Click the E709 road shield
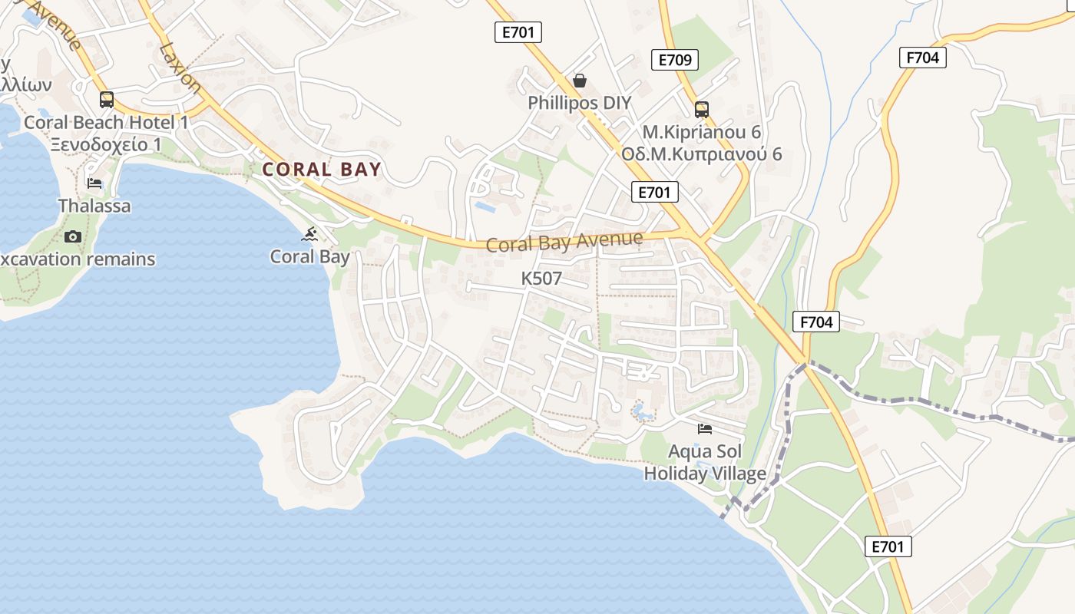pyautogui.click(x=675, y=60)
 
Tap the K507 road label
pyautogui.click(x=541, y=279)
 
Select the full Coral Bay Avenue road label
pyautogui.click(x=564, y=242)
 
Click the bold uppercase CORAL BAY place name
pyautogui.click(x=322, y=170)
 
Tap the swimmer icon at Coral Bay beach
pyautogui.click(x=310, y=233)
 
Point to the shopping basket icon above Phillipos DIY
pyautogui.click(x=580, y=81)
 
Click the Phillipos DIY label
pyautogui.click(x=580, y=103)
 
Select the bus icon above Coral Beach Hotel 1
pyautogui.click(x=107, y=100)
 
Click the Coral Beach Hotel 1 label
pyautogui.click(x=107, y=122)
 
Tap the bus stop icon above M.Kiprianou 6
pyautogui.click(x=701, y=110)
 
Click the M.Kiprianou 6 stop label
pyautogui.click(x=701, y=132)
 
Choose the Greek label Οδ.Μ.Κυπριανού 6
pyautogui.click(x=701, y=154)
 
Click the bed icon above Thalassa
pyautogui.click(x=94, y=183)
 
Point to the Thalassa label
pyautogui.click(x=94, y=206)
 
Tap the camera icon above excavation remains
pyautogui.click(x=73, y=236)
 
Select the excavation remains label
pyautogui.click(x=77, y=259)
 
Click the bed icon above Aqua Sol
pyautogui.click(x=705, y=428)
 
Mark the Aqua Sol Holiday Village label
pyautogui.click(x=705, y=462)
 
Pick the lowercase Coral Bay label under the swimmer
pyautogui.click(x=310, y=256)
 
